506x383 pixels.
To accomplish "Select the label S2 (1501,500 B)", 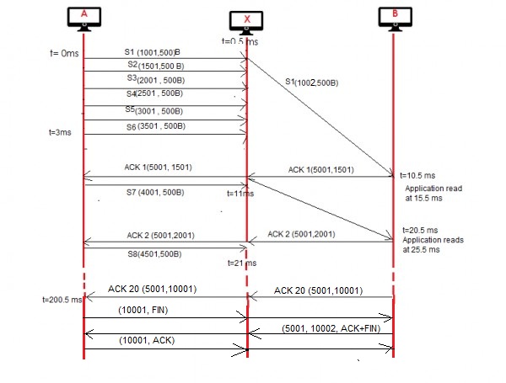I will pyautogui.click(x=159, y=65).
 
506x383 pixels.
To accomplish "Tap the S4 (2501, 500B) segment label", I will pyautogui.click(x=161, y=93).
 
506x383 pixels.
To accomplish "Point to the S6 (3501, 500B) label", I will pyautogui.click(x=161, y=126).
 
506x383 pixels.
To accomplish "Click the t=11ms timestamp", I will pyautogui.click(x=243, y=193).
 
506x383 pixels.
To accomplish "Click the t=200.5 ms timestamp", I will pyautogui.click(x=62, y=299).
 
